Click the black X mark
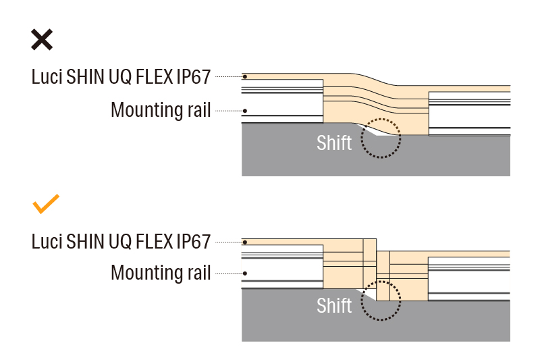click(41, 39)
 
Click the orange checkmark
click(46, 203)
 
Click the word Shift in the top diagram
click(334, 143)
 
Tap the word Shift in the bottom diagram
click(334, 306)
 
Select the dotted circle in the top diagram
click(381, 138)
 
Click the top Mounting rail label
click(161, 110)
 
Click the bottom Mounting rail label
click(161, 274)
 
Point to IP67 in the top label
click(193, 76)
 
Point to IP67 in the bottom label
click(193, 241)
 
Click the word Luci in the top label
click(47, 76)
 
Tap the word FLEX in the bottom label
click(153, 241)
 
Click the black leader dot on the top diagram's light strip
click(245, 76)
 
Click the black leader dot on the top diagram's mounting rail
click(245, 111)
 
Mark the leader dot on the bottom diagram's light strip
click(245, 241)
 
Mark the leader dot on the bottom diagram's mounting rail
click(245, 274)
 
